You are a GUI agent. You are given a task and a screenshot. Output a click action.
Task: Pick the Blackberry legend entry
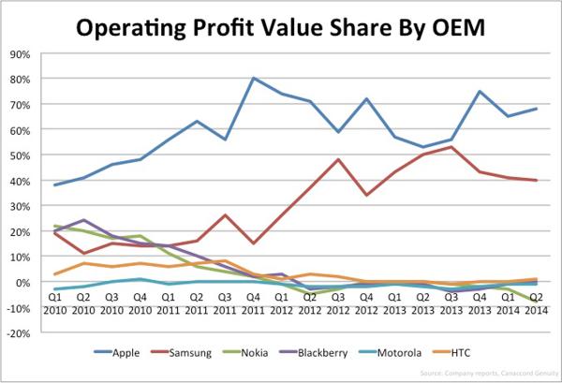tap(343, 354)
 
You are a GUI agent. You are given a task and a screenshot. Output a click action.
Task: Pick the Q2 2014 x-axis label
tap(535, 302)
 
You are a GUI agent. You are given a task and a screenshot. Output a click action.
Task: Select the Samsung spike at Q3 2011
tap(227, 215)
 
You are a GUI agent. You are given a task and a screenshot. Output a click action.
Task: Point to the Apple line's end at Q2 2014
tap(535, 109)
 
